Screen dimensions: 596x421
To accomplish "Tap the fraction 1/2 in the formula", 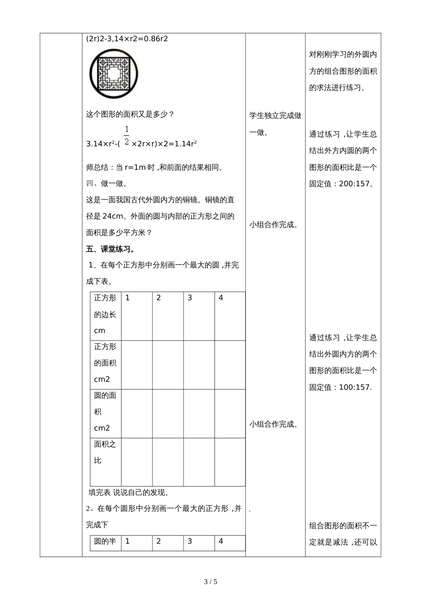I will point(126,136).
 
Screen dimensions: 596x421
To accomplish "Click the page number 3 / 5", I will point(210,581).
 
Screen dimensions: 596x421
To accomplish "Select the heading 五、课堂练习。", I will point(111,249).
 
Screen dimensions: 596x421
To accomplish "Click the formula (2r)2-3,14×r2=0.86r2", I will point(127,39).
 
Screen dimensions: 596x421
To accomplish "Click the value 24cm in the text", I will point(113,216).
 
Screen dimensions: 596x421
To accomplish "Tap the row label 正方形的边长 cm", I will point(105,314).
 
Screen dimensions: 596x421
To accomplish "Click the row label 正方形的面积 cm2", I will point(105,363).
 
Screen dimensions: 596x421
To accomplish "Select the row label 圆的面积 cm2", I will point(105,412).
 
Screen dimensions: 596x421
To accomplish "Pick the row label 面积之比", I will point(105,452).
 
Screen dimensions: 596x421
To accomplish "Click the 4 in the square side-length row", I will point(221,298).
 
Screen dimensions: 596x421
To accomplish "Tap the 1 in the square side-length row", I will point(128,298).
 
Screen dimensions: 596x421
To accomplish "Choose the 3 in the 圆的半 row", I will point(190,541).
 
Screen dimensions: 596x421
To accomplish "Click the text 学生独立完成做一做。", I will point(275,124).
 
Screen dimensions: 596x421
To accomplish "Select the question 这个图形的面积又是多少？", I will point(130,114).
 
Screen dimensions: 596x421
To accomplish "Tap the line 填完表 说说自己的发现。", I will point(129,492).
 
